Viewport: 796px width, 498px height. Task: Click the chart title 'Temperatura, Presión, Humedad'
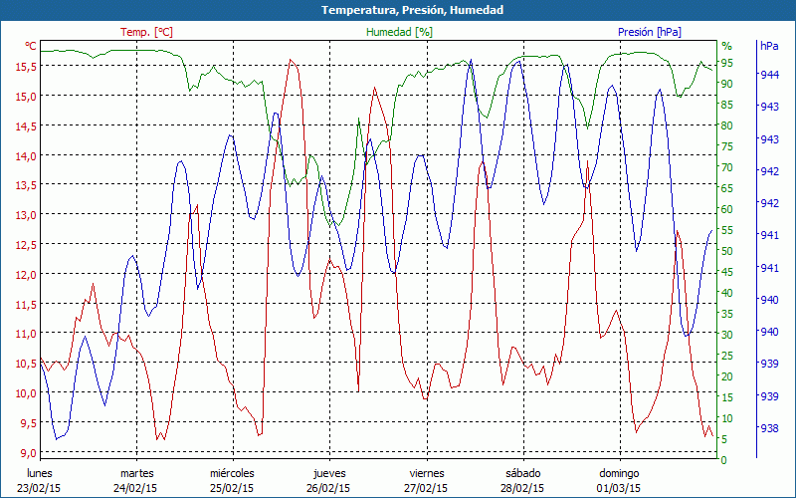coord(398,10)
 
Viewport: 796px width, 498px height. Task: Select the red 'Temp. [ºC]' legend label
coord(146,32)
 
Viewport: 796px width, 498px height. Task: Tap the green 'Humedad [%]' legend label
coord(400,32)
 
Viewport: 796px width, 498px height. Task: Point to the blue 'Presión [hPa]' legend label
coord(650,32)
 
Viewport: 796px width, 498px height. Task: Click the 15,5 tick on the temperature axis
coord(26,67)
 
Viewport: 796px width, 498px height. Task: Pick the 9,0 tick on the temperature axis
coord(26,453)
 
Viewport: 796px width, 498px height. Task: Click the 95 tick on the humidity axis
coord(726,63)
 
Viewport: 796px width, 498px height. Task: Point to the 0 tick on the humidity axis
coord(723,460)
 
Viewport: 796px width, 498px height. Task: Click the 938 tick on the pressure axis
coord(769,429)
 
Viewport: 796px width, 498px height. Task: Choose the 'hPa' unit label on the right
coord(769,46)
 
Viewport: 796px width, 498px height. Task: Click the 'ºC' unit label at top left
coord(31,46)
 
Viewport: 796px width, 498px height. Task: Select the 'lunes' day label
coord(40,473)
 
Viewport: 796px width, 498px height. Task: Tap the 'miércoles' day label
coord(233,473)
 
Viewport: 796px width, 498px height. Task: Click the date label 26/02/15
coord(328,488)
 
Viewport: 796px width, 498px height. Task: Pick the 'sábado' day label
coord(522,473)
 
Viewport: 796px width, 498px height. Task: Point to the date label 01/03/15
coord(619,488)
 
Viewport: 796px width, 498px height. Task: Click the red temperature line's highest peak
coord(291,60)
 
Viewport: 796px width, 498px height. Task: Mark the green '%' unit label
coord(726,46)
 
